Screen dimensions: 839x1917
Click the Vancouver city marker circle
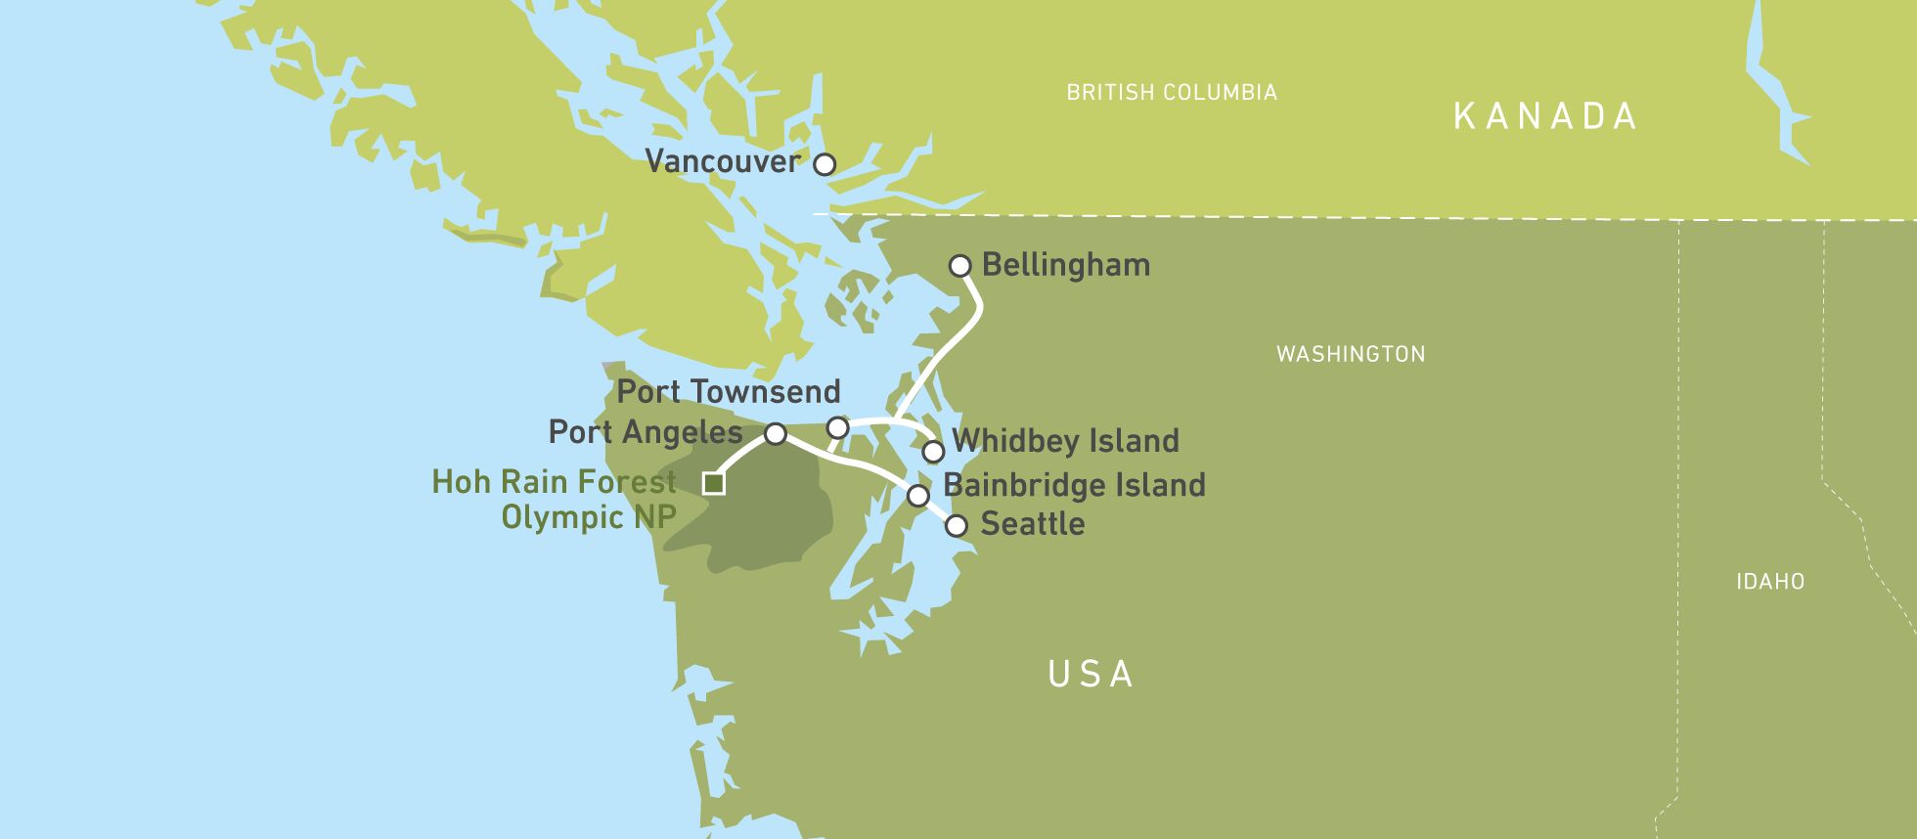coord(825,164)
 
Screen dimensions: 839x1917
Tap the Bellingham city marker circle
coord(960,266)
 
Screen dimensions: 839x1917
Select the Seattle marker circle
coord(956,526)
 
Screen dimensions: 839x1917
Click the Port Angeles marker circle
coord(775,433)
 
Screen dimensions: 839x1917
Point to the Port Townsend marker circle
coord(837,428)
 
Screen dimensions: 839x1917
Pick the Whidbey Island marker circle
coord(933,452)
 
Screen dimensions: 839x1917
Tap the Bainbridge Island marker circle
coord(917,496)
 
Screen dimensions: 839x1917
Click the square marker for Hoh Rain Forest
coord(714,483)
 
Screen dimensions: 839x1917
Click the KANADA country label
coord(1544,116)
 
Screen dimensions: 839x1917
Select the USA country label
coord(1091,674)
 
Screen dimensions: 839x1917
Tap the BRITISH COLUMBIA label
coord(1172,93)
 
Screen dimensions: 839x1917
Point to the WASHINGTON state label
coord(1351,354)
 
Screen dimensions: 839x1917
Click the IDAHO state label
coord(1770,582)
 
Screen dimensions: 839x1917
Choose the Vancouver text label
coord(723,161)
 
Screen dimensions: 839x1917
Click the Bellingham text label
coord(1066,265)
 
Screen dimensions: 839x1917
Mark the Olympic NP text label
coord(589,517)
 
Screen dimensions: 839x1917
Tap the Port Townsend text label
coord(729,392)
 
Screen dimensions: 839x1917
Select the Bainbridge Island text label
coord(1074,485)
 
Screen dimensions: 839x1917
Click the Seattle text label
coord(1033,524)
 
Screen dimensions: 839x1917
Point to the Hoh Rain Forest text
coord(555,482)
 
